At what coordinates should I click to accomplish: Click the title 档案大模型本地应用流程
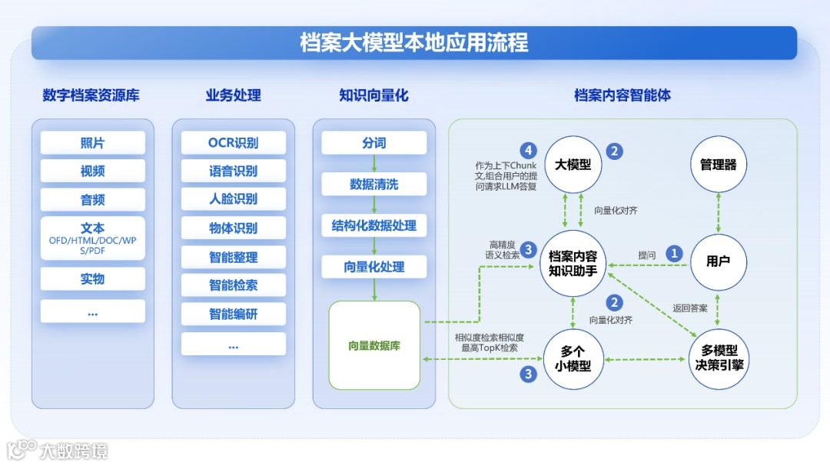(x=414, y=42)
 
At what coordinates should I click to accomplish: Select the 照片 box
(x=92, y=143)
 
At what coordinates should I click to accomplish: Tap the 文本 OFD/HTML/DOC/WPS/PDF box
(x=92, y=238)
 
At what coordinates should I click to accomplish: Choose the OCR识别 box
(x=233, y=143)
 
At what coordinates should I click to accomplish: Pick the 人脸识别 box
(x=233, y=199)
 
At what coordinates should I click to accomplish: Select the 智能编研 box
(x=233, y=314)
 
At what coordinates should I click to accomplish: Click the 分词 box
(x=373, y=143)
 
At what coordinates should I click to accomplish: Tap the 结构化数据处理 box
(x=373, y=225)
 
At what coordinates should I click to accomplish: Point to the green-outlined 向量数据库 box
(x=374, y=345)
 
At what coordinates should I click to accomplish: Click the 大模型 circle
(x=573, y=165)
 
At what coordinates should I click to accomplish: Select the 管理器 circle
(x=718, y=165)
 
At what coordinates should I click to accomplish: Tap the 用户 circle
(x=718, y=261)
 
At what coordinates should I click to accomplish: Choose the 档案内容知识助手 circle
(x=573, y=262)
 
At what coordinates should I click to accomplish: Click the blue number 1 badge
(x=674, y=253)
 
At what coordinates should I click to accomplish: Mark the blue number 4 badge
(x=527, y=150)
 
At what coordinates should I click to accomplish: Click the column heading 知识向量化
(x=373, y=95)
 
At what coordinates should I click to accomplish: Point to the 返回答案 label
(x=690, y=308)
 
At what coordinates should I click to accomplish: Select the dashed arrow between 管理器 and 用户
(x=718, y=213)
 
